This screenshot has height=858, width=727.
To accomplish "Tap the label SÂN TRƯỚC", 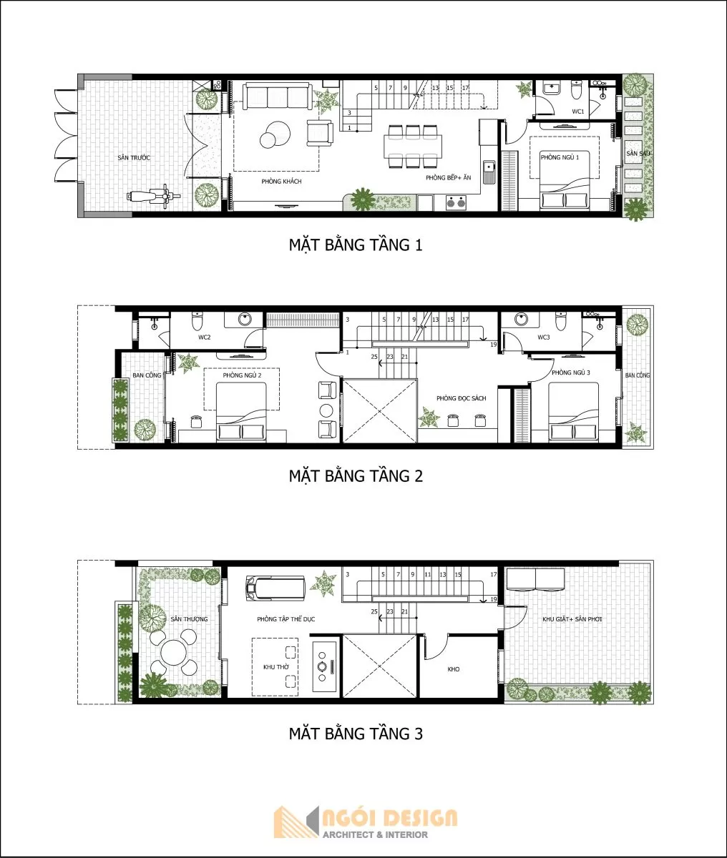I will pos(134,157).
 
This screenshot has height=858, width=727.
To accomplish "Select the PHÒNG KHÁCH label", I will pos(281,182).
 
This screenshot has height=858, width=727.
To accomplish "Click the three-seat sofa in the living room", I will pos(276,96).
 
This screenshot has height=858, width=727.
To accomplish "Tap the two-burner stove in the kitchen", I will pos(454,202).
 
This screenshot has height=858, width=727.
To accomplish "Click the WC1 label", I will pos(577,112).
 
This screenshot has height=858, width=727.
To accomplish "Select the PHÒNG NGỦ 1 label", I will pos(560,157).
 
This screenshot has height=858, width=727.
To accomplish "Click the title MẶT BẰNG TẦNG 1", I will pos(356,245).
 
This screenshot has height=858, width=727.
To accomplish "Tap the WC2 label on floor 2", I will pos(204,337).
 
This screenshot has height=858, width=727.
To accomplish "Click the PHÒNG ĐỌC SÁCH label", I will pos(462,398).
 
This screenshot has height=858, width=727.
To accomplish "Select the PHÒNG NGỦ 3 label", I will pos(570,373).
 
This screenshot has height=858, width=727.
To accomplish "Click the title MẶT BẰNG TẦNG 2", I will pos(356,475).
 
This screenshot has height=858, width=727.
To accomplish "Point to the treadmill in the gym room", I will pos(275,589).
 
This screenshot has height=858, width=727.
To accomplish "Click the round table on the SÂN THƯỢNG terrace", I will pos(173,652).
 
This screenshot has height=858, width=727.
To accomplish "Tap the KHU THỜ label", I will pos(275,666).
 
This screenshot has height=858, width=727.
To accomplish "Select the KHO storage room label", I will pos(453,669).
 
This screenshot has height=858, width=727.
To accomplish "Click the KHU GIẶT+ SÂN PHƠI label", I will pos(572,619).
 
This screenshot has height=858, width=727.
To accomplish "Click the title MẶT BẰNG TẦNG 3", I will pos(356,734).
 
